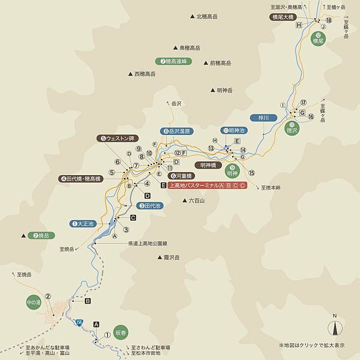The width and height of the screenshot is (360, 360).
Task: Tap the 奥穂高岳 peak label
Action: pyautogui.click(x=191, y=47)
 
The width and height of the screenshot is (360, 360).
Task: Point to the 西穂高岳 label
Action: pyautogui.click(x=145, y=74)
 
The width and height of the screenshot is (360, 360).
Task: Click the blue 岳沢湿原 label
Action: pyautogui.click(x=177, y=131)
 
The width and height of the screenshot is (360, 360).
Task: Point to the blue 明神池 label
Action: pyautogui.click(x=233, y=130)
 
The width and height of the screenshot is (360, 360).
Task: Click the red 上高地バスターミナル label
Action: pyautogui.click(x=207, y=185)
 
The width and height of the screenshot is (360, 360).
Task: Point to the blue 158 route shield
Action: pyautogui.click(x=79, y=323)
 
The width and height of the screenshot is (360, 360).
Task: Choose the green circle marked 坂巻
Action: pyautogui.click(x=120, y=333)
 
